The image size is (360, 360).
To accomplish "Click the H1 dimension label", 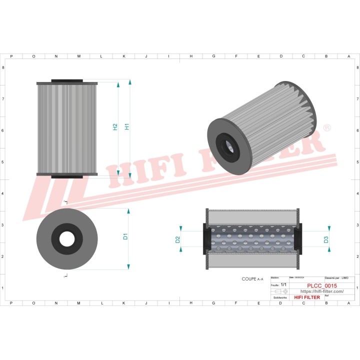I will pyautogui.click(x=127, y=127).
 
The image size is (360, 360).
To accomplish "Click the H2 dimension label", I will pyautogui.click(x=115, y=127).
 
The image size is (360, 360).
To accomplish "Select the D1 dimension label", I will pyautogui.click(x=125, y=236).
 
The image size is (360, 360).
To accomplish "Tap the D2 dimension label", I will pyautogui.click(x=178, y=239).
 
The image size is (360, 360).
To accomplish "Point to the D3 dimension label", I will pyautogui.click(x=326, y=239).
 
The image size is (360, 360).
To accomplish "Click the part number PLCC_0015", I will pyautogui.click(x=321, y=285).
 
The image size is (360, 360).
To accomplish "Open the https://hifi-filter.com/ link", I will pyautogui.click(x=321, y=291).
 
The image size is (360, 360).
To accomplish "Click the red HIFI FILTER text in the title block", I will pyautogui.click(x=307, y=297).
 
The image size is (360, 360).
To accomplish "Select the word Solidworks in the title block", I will pyautogui.click(x=280, y=297).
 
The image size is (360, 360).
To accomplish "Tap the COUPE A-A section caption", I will pyautogui.click(x=252, y=279).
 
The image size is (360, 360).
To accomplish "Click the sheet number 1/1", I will pyautogui.click(x=283, y=284).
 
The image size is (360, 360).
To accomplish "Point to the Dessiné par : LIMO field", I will pyautogui.click(x=336, y=277).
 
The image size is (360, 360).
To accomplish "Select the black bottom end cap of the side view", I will pyautogui.click(x=66, y=175).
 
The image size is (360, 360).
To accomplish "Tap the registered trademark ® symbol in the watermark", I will pyautogui.click(x=326, y=128).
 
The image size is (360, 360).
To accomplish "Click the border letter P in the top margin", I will pyautogui.click(x=11, y=56).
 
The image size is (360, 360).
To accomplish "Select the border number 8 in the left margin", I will pyautogui.click(x=4, y=67).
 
